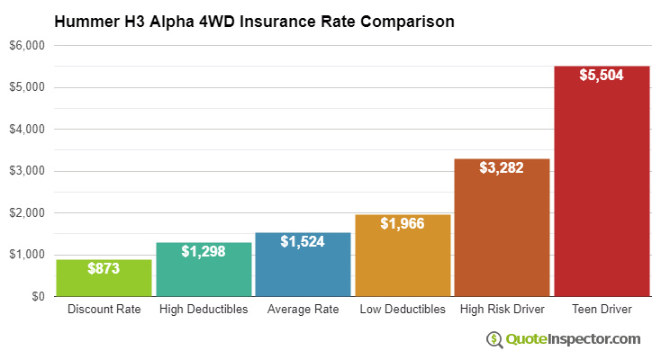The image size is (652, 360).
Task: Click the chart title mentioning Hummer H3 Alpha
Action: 254,20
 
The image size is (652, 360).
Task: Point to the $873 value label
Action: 104,268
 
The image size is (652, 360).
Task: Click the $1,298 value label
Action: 204,251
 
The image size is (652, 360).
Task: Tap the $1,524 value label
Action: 303,241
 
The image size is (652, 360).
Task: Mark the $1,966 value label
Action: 403,223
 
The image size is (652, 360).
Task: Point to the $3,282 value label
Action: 502,167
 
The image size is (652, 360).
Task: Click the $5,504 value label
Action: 602,75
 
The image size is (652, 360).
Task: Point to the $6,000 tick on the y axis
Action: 28,46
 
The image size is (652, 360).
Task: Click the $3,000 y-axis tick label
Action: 28,171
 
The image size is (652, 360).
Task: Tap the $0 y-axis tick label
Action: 36,296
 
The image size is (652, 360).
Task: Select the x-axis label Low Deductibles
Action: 403,310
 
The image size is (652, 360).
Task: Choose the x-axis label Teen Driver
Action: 602,310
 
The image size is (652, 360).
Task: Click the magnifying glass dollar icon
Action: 494,339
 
